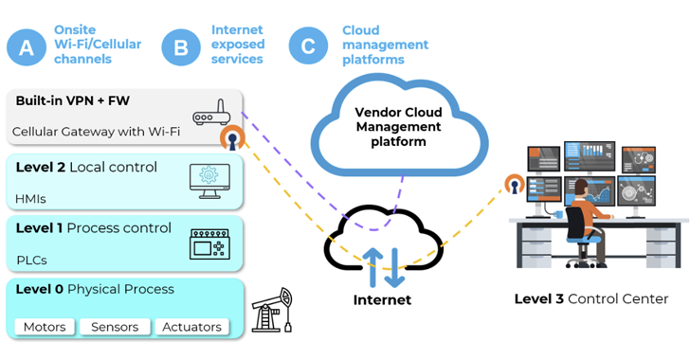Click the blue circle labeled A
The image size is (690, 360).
click(x=27, y=46)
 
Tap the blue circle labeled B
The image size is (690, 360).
click(x=181, y=46)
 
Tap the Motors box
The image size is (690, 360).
click(x=45, y=327)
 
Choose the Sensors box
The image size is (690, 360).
click(x=114, y=327)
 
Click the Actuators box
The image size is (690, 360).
click(x=191, y=327)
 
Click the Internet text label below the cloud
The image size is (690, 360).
click(x=382, y=300)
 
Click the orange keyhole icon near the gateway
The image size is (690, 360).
click(x=231, y=139)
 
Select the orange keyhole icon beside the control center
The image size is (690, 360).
click(x=514, y=184)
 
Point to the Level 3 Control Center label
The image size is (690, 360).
click(x=590, y=299)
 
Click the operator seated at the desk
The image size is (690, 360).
click(x=580, y=213)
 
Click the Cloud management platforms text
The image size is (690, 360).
click(x=385, y=45)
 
